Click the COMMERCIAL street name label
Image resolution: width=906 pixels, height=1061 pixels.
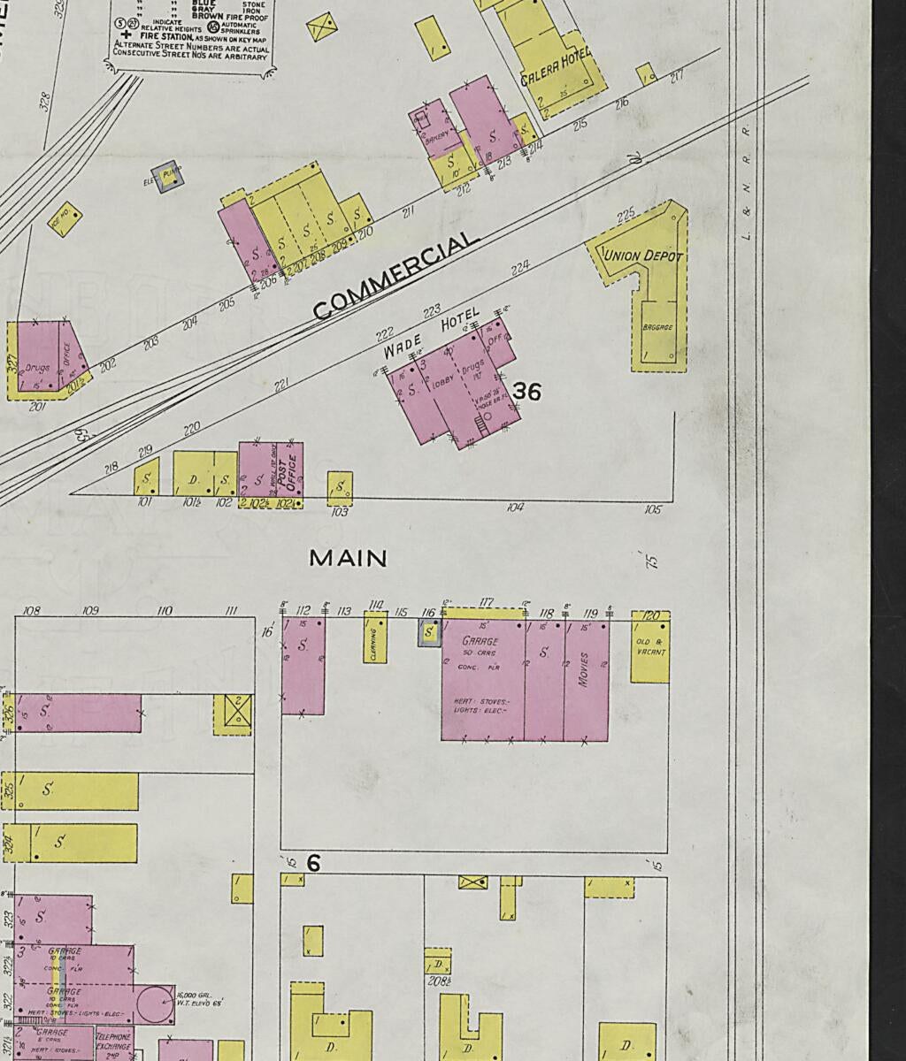395,276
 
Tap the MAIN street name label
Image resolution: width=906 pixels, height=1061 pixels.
348,559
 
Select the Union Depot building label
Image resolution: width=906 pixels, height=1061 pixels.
643,256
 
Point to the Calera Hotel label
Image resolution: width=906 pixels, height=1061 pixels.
556,69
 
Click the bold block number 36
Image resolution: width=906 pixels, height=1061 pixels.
526,391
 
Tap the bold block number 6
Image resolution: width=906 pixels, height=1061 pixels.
312,862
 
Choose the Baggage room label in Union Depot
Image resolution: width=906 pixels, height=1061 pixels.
657,328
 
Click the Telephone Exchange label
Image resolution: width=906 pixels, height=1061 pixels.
113,1043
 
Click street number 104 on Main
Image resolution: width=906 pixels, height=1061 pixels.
515,508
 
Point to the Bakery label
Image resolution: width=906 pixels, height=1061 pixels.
436,137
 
